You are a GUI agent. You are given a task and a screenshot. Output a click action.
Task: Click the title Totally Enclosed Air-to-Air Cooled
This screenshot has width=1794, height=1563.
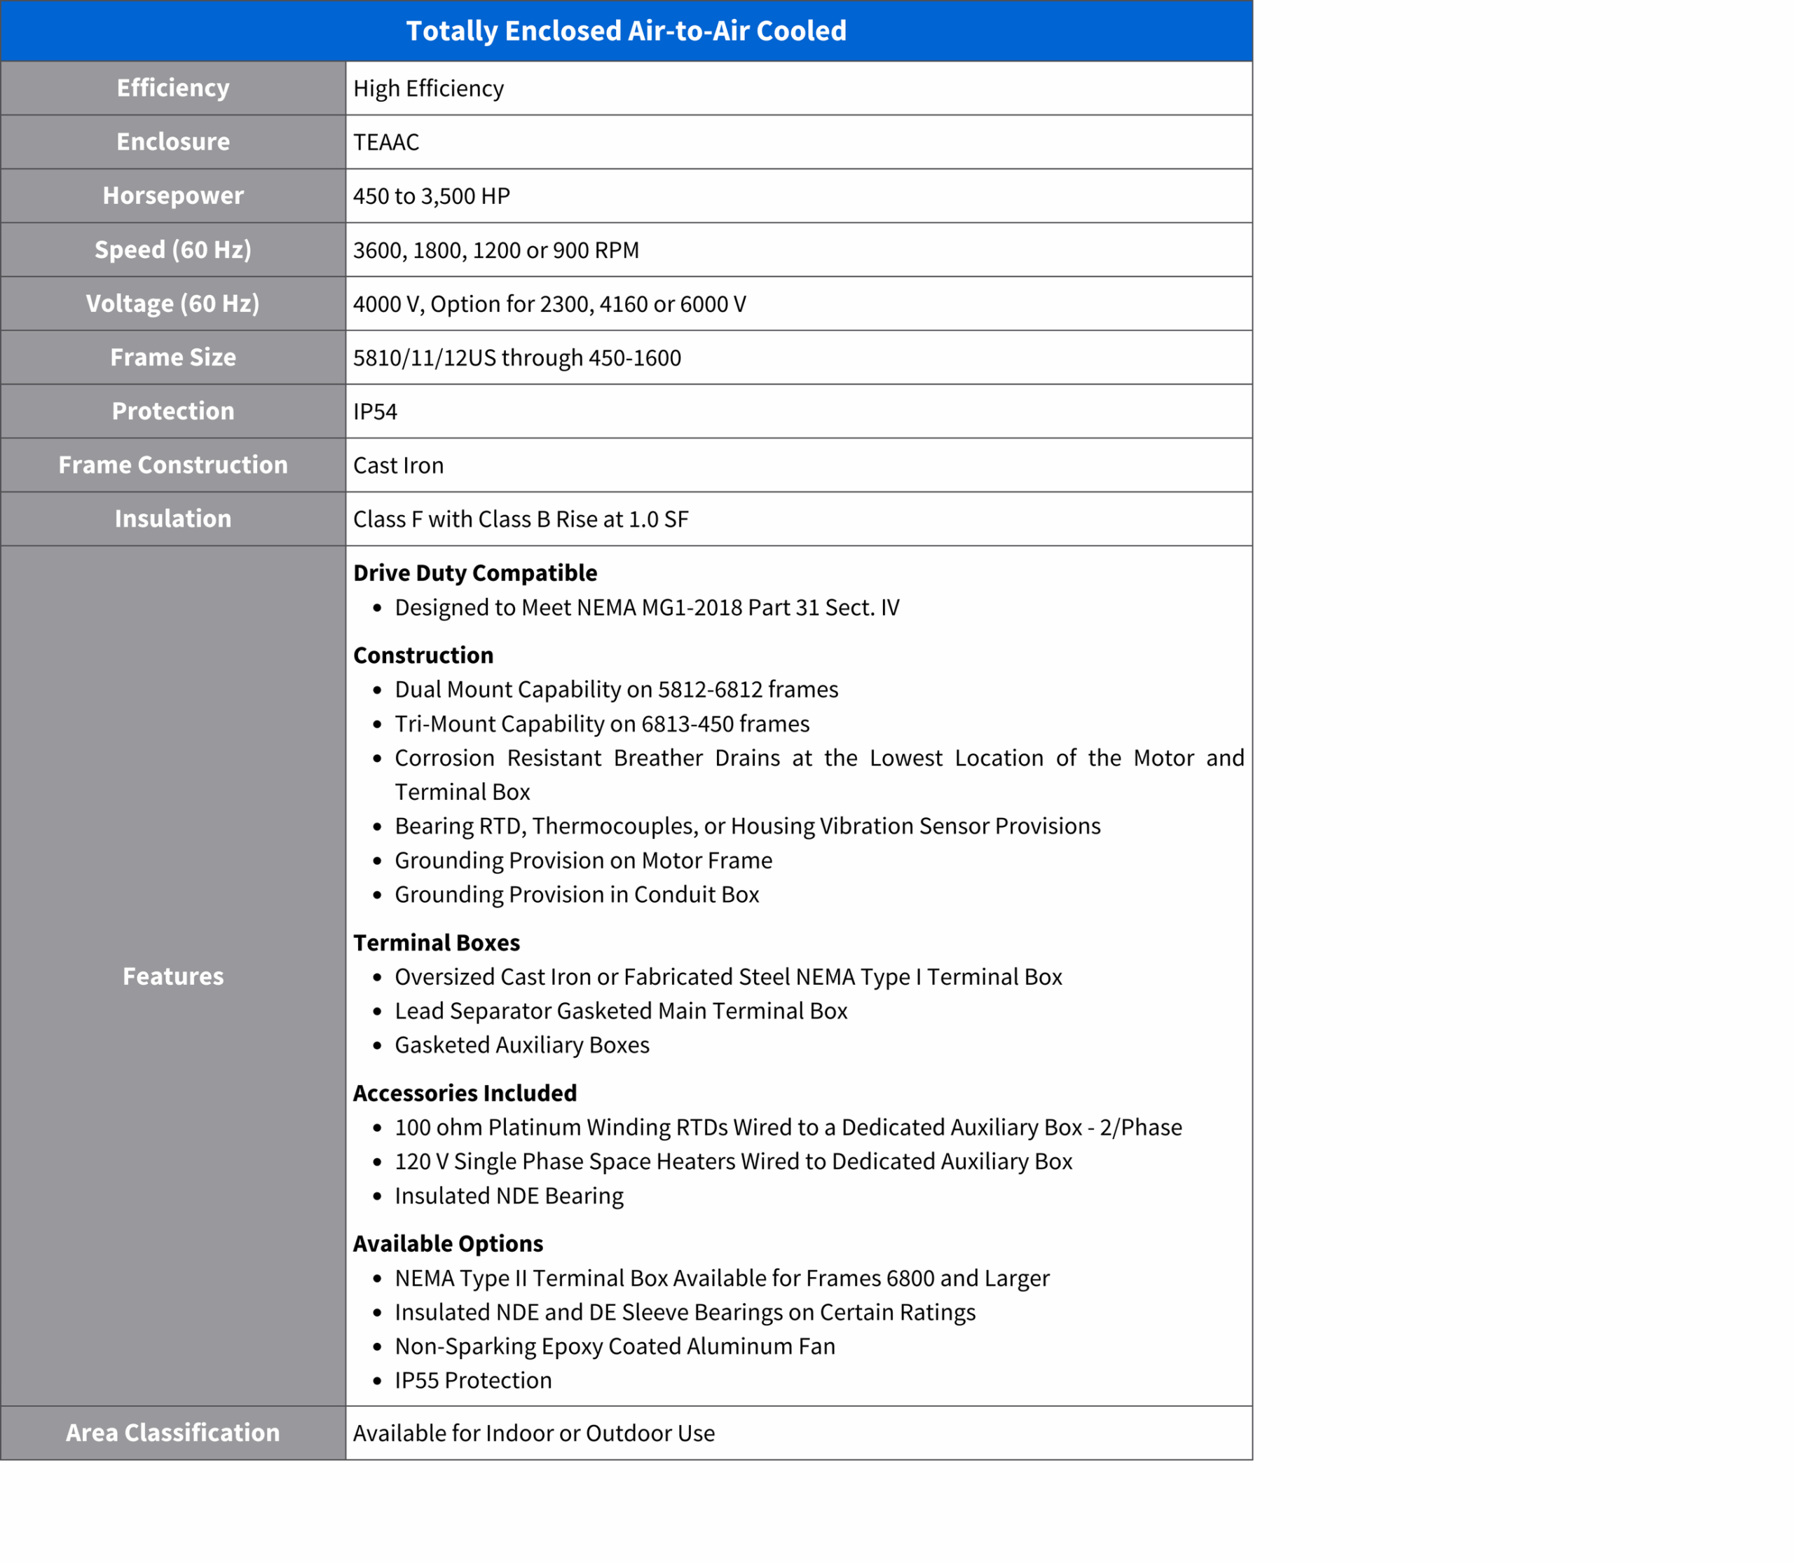point(626,32)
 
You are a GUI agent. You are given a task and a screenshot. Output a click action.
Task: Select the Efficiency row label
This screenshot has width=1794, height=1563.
point(172,88)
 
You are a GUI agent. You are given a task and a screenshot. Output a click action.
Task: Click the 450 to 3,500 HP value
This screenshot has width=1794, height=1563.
point(432,196)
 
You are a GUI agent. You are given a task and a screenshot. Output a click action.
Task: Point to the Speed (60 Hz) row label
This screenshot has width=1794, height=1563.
point(172,250)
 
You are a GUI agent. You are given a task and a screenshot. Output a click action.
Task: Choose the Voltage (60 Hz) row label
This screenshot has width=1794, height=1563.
point(172,303)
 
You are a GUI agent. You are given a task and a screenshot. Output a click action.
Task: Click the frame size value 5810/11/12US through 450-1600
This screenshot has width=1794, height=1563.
point(517,357)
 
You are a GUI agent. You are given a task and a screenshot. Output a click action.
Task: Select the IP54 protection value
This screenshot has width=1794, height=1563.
point(375,411)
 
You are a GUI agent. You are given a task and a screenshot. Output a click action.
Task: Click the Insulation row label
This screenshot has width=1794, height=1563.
point(172,519)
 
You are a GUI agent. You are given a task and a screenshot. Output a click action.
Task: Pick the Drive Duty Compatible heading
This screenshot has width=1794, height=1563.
point(475,573)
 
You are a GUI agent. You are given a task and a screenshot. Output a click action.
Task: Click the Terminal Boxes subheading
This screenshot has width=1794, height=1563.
point(436,943)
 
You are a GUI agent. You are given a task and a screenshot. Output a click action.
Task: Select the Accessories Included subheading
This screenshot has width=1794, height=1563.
point(465,1094)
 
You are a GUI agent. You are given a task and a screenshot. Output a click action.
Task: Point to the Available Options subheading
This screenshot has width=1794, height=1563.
point(448,1244)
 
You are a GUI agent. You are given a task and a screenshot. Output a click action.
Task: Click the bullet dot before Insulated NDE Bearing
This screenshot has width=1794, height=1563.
point(378,1196)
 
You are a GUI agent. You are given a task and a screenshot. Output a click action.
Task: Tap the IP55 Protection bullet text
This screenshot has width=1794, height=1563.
point(474,1381)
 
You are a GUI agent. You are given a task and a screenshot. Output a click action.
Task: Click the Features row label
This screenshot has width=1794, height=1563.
point(172,977)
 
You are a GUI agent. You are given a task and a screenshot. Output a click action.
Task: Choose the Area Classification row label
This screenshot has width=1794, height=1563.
point(172,1433)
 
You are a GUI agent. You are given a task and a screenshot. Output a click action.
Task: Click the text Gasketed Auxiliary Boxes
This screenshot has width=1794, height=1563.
point(522,1045)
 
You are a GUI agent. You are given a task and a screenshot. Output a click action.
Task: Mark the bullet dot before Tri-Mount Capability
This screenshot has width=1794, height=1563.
point(378,725)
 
